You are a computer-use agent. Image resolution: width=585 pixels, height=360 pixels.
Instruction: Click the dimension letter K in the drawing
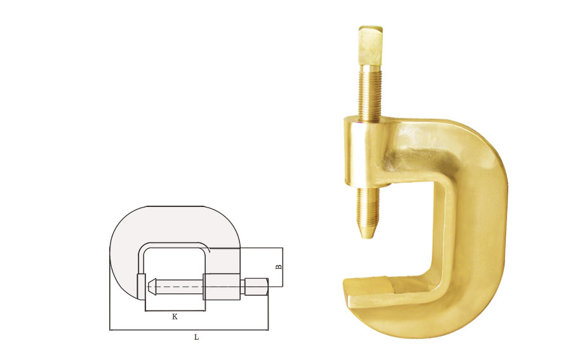(x=175, y=317)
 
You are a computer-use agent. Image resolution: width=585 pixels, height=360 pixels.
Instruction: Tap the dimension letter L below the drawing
(x=196, y=337)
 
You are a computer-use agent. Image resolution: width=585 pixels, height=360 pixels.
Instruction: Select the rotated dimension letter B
(x=278, y=267)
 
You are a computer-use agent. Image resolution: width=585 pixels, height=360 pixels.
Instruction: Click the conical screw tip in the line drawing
(x=152, y=286)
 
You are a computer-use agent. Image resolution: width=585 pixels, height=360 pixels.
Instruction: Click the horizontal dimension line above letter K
(x=175, y=310)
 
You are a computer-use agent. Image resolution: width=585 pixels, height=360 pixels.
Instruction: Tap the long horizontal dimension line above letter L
(x=189, y=330)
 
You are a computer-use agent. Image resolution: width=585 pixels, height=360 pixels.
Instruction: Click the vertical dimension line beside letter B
(x=283, y=267)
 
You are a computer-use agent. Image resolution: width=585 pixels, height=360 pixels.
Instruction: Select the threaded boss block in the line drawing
(x=222, y=286)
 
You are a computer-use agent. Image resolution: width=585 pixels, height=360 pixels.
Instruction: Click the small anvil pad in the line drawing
(x=141, y=286)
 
